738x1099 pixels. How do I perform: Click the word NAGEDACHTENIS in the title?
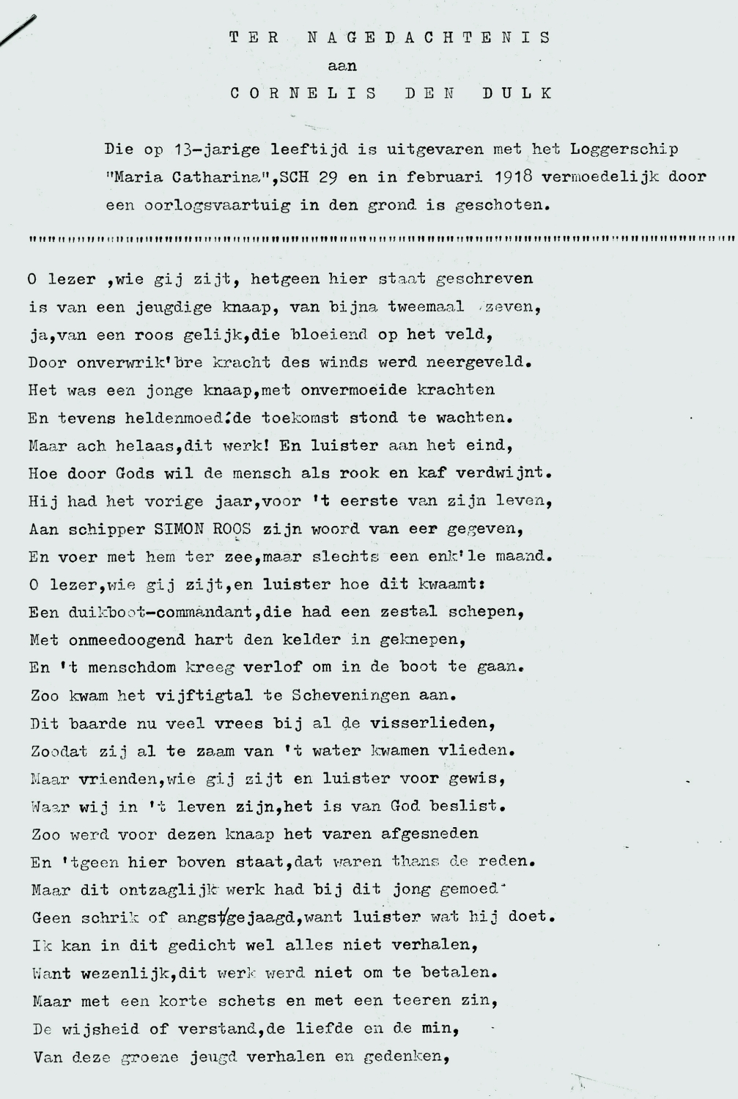[429, 37]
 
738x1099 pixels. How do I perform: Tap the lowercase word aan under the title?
[342, 66]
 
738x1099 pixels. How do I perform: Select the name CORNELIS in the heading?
[304, 94]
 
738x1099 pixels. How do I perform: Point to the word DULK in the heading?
[517, 94]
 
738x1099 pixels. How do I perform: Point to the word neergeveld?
[484, 362]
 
